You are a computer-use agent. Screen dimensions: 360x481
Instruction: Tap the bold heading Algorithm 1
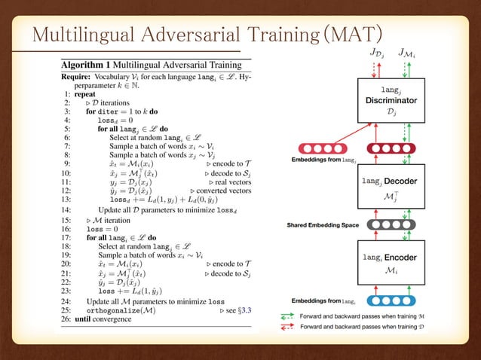click(x=89, y=65)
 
